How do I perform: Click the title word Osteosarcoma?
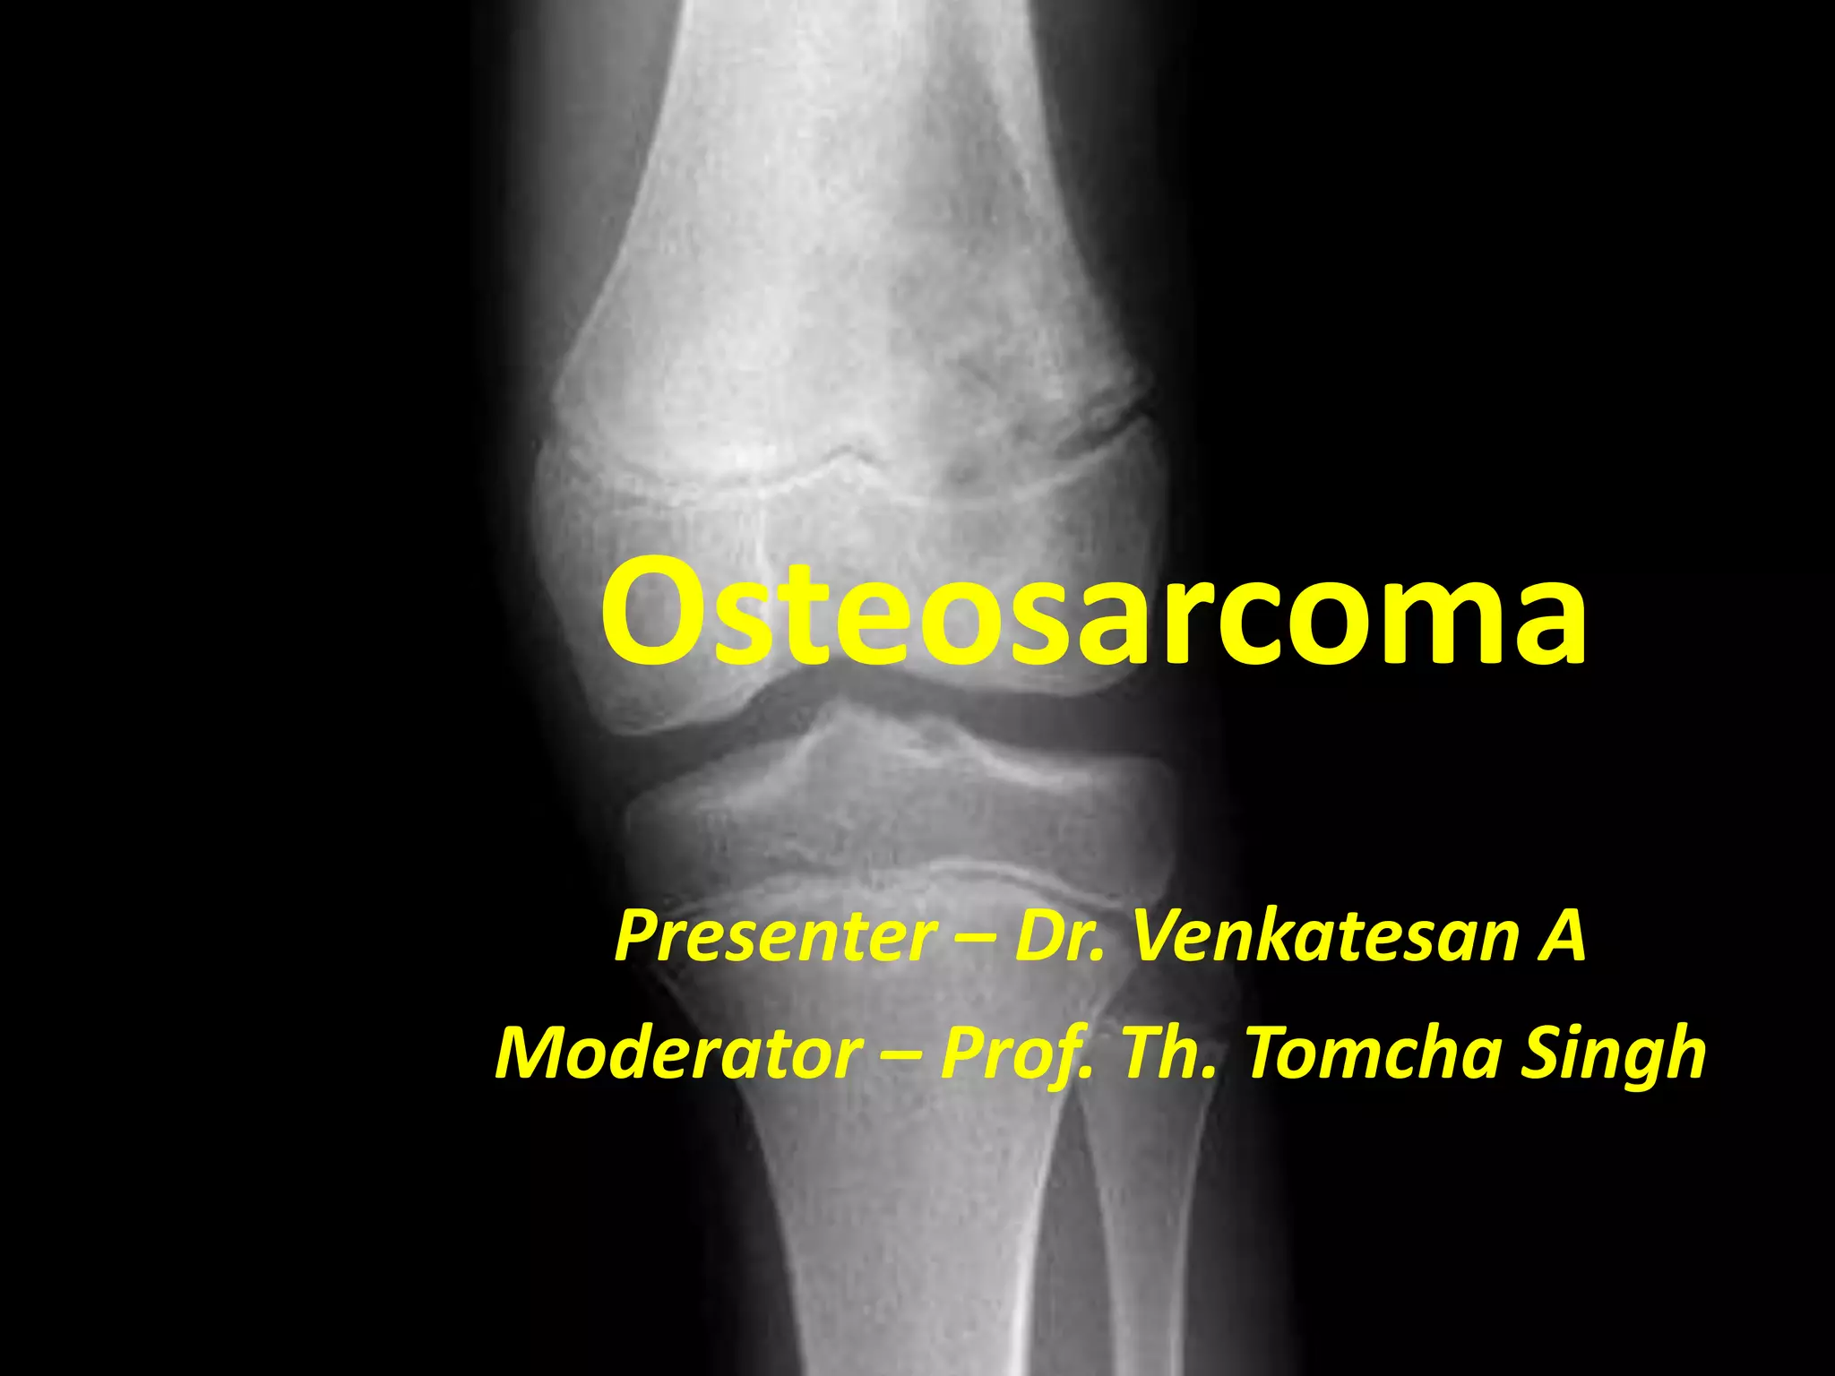(x=1093, y=612)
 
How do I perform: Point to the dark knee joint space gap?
(x=896, y=694)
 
